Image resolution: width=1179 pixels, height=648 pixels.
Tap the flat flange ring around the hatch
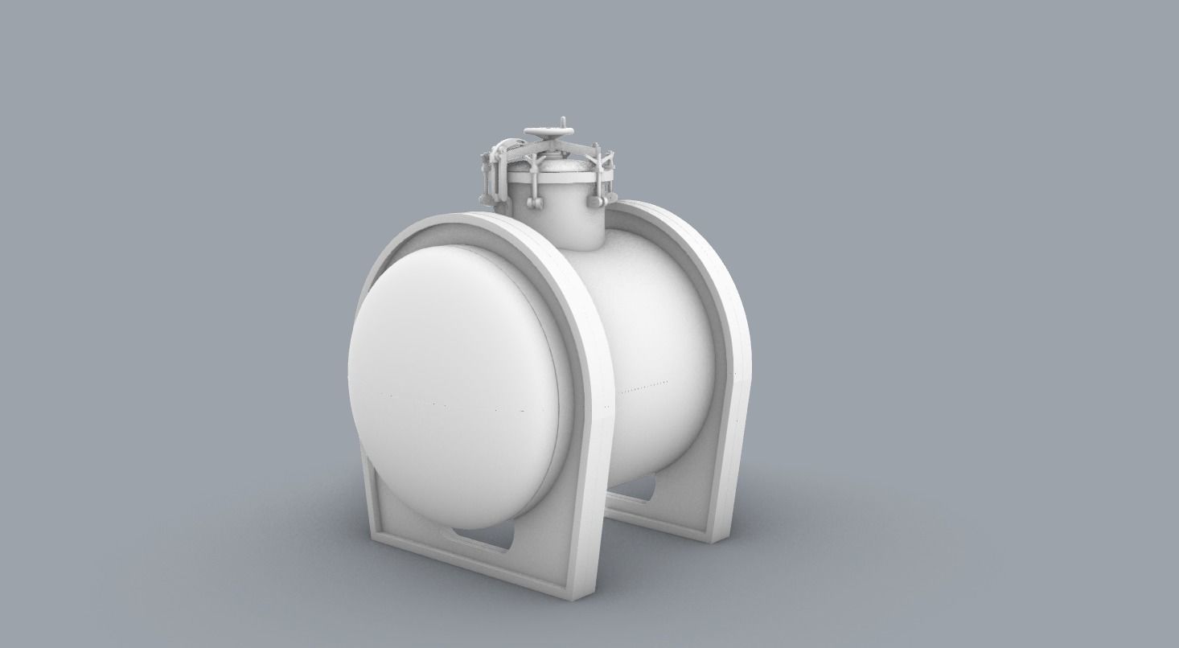click(x=555, y=176)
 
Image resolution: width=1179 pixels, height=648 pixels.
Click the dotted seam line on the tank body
click(x=643, y=384)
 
